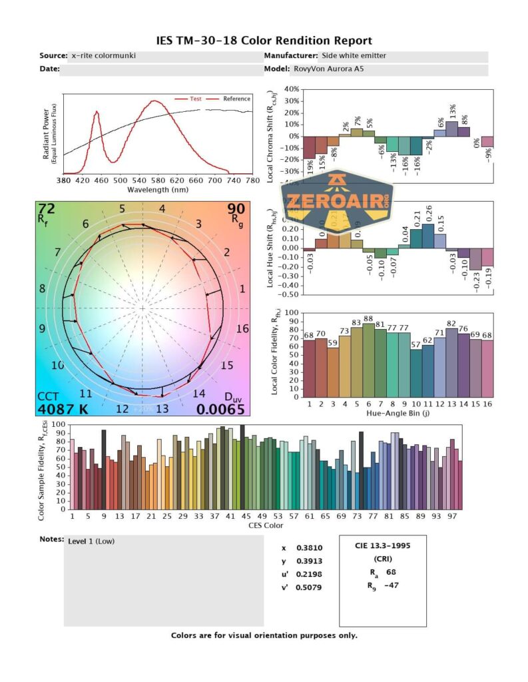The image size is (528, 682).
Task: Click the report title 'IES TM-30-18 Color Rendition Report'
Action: [x=264, y=41]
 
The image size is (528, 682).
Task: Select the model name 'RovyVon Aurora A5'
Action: [x=326, y=69]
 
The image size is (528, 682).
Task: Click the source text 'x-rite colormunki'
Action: [x=103, y=55]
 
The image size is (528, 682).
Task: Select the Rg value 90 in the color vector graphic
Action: [x=236, y=210]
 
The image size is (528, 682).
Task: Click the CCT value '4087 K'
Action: [x=62, y=409]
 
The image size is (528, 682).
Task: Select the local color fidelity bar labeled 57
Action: [x=416, y=370]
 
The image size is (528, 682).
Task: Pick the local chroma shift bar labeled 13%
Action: [x=452, y=129]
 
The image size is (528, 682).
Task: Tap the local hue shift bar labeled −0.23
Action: [x=475, y=259]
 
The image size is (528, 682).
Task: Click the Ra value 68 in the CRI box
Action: [x=391, y=572]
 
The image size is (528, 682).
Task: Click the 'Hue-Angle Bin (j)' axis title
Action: [x=398, y=414]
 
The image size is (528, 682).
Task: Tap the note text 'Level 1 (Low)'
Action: [x=91, y=541]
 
